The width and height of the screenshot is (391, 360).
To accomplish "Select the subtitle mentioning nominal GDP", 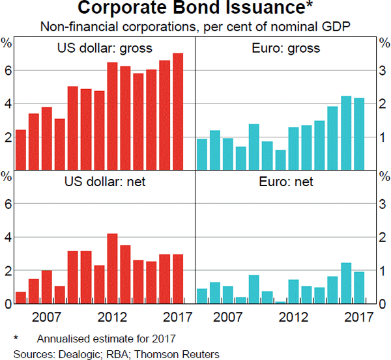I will pyautogui.click(x=195, y=27).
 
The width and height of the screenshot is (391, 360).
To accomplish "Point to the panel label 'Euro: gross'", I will pyautogui.click(x=285, y=48).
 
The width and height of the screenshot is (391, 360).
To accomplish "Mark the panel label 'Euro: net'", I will pyautogui.click(x=285, y=182).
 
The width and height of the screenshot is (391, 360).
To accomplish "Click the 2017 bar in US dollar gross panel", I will pyautogui.click(x=178, y=111).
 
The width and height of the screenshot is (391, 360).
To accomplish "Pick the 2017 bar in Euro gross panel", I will pyautogui.click(x=358, y=133).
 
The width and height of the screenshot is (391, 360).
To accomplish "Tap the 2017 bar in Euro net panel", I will pyautogui.click(x=358, y=288).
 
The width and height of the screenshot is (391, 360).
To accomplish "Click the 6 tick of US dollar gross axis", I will pyautogui.click(x=7, y=70).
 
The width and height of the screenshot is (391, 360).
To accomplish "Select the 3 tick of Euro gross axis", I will pyautogui.click(x=383, y=70).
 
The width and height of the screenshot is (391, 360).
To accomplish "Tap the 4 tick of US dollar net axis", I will pyautogui.click(x=7, y=237).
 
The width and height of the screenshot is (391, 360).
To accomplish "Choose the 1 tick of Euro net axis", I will pyautogui.click(x=383, y=270).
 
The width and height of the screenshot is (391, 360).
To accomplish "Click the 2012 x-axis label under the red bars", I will pyautogui.click(x=112, y=317).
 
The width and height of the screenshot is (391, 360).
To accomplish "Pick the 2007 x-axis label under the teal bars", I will pyautogui.click(x=228, y=317).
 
